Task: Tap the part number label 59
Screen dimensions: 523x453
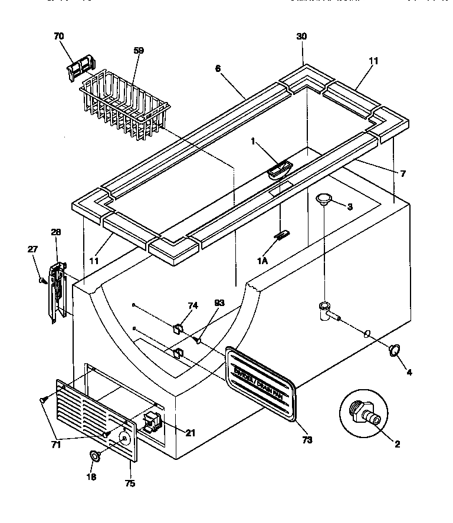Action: [139, 51]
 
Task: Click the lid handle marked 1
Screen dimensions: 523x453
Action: [279, 170]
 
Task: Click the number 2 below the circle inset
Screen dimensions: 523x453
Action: [397, 445]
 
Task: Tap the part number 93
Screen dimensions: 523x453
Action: [219, 302]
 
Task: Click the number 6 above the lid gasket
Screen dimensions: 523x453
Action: [218, 68]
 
